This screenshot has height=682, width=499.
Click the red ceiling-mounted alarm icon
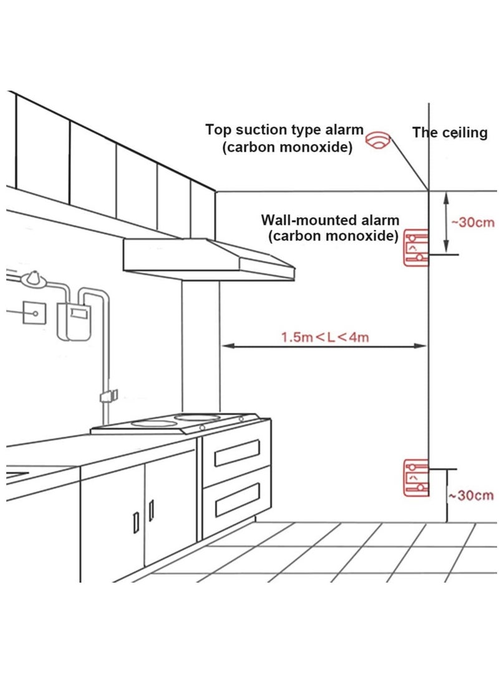[378, 141]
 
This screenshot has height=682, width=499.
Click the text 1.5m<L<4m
[324, 337]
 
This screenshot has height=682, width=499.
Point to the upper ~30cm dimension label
[472, 222]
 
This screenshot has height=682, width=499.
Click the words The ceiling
[449, 132]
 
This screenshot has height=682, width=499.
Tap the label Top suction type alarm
[284, 130]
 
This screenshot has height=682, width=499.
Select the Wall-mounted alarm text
[330, 220]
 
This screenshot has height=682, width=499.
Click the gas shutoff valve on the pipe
[109, 395]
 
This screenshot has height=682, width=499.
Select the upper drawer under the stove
[237, 453]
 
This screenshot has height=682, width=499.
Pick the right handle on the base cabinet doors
[151, 511]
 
